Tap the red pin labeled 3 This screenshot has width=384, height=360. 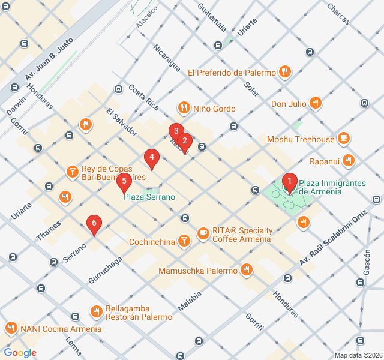click(x=175, y=131)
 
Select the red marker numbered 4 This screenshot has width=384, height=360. click(x=152, y=158)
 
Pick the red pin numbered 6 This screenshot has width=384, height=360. click(x=93, y=224)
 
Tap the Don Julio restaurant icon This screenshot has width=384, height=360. click(x=316, y=103)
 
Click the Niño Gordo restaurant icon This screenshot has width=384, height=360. click(x=184, y=108)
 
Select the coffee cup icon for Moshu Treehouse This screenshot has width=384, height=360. click(x=343, y=139)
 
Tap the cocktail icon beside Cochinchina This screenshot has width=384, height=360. click(x=184, y=241)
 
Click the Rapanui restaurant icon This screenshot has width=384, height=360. click(x=349, y=161)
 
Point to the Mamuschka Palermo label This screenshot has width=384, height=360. click(x=198, y=271)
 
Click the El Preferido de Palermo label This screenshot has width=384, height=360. click(x=231, y=73)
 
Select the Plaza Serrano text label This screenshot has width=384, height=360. click(x=149, y=197)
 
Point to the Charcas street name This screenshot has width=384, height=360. click(x=338, y=14)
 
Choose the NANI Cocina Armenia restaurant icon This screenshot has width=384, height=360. click(x=11, y=328)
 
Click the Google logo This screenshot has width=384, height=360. click(x=20, y=353)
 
